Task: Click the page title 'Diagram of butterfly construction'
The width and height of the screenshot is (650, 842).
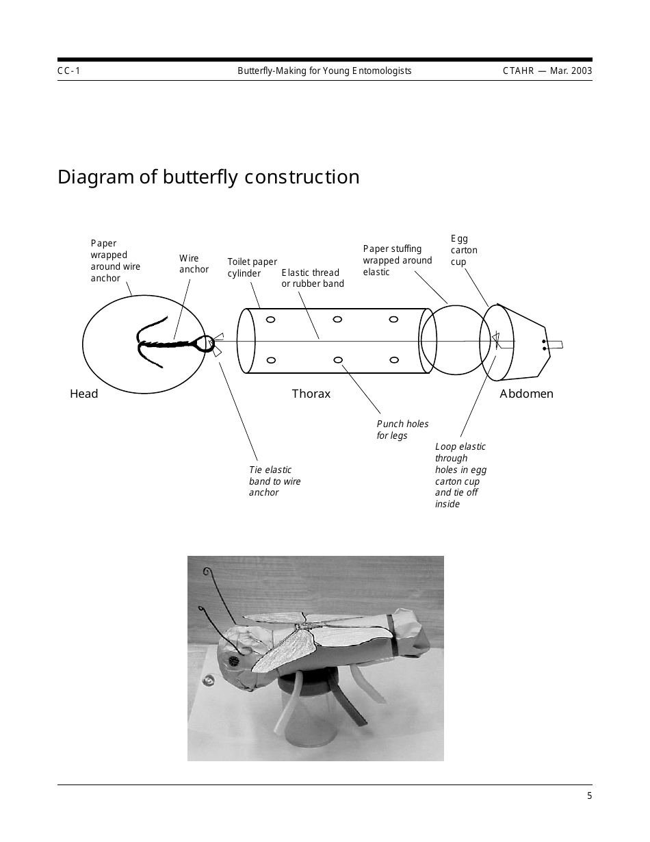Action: pyautogui.click(x=208, y=177)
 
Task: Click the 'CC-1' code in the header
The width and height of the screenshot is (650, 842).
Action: pyautogui.click(x=69, y=71)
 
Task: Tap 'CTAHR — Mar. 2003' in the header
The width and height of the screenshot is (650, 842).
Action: pyautogui.click(x=547, y=71)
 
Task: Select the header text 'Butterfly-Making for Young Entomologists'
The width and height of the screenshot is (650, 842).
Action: pyautogui.click(x=324, y=71)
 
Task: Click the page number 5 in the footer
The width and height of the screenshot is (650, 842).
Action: pyautogui.click(x=589, y=795)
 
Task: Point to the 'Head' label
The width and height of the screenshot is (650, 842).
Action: pyautogui.click(x=83, y=394)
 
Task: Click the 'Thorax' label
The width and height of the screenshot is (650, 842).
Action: pyautogui.click(x=311, y=394)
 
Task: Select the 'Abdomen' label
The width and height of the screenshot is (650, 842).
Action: pyautogui.click(x=526, y=394)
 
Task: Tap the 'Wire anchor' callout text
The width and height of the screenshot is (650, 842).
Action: pyautogui.click(x=194, y=264)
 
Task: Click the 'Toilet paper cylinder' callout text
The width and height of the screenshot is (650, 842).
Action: pyautogui.click(x=252, y=268)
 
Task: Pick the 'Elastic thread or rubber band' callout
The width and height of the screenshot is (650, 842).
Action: pyautogui.click(x=313, y=278)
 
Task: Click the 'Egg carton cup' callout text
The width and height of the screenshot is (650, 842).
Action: pyautogui.click(x=463, y=250)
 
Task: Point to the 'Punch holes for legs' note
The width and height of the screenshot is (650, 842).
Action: pyautogui.click(x=402, y=429)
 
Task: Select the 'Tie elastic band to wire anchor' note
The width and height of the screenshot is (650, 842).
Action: pyautogui.click(x=274, y=481)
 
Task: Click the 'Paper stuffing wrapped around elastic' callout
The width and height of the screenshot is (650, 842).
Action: pyautogui.click(x=397, y=260)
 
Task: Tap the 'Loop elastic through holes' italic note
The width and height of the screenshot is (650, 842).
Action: pyautogui.click(x=460, y=475)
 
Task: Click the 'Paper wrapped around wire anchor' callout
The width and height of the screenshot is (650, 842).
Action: pyautogui.click(x=115, y=261)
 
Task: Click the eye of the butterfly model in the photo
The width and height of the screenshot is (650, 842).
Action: pyautogui.click(x=233, y=661)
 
